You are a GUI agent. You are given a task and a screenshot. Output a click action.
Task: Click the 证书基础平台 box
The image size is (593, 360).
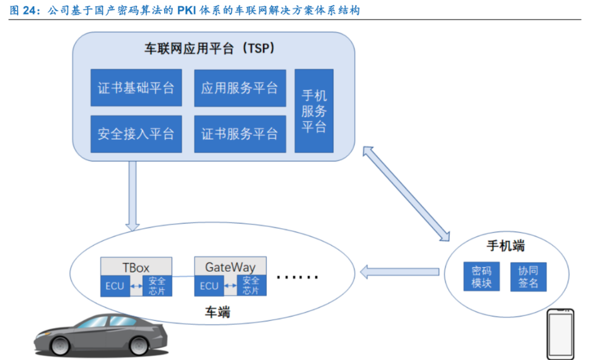tap(136, 88)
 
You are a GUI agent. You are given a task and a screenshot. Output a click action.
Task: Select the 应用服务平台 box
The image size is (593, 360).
tap(239, 88)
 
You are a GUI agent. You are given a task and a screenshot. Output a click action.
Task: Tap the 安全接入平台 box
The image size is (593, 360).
tap(136, 134)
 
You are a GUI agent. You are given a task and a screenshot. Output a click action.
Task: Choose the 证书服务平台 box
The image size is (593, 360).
tap(239, 134)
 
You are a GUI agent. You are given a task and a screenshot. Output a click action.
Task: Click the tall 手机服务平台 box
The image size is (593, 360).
tap(314, 111)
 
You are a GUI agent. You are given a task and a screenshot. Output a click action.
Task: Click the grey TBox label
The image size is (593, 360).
tap(136, 266)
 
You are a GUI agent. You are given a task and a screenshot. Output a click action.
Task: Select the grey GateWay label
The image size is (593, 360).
tap(230, 266)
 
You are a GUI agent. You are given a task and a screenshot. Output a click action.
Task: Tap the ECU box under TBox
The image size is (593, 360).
tap(114, 286)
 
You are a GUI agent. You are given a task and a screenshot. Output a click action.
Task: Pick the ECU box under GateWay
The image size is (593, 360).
tap(208, 286)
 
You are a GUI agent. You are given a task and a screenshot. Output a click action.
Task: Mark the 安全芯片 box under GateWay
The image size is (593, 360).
tap(251, 286)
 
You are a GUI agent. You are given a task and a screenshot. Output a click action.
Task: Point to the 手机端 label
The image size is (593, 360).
tap(506, 246)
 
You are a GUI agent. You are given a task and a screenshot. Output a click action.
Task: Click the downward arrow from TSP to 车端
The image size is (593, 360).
tap(132, 195)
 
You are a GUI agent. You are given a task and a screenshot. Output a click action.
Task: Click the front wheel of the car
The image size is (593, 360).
tap(61, 344)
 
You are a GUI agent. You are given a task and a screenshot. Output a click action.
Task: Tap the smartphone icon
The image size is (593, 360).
tap(561, 334)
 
